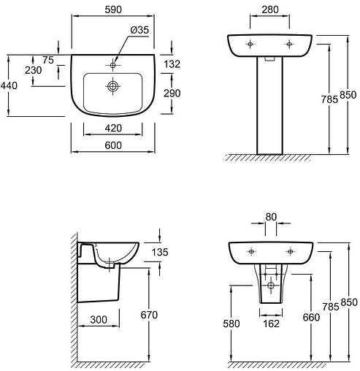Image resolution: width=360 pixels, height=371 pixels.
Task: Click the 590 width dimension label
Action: (x=113, y=9)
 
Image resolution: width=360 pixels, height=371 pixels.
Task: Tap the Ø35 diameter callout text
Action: (x=139, y=30)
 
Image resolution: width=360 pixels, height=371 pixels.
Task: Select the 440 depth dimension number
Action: (x=9, y=85)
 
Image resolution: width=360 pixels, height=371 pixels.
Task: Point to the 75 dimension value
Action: (x=48, y=60)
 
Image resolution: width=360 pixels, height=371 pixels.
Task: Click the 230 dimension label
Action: (x=33, y=70)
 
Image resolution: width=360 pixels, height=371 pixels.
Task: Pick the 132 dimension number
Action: (x=172, y=64)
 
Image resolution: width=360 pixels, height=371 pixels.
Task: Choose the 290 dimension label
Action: (x=172, y=93)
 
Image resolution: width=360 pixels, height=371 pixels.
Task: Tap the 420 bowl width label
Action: (x=113, y=128)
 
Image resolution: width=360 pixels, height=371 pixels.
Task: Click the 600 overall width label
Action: (x=113, y=145)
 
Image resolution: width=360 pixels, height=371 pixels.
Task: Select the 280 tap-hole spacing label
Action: (x=270, y=9)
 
